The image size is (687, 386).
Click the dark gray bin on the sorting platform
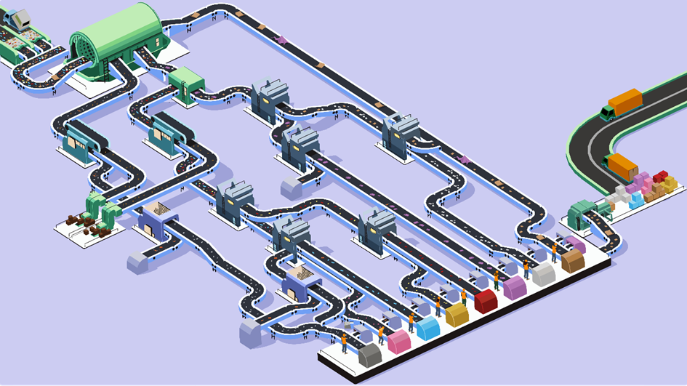point(370,355)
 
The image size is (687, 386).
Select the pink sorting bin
point(399,341)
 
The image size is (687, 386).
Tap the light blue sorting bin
point(427,328)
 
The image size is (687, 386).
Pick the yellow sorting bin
point(457,314)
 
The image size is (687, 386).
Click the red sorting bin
point(486,300)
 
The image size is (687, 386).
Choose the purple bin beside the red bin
point(515,287)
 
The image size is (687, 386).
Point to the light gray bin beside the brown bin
point(543,273)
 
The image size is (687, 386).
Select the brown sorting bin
point(573,260)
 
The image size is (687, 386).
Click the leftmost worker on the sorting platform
point(344,341)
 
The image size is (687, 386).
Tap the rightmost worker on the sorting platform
point(554,252)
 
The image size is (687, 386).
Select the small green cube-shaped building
point(185,82)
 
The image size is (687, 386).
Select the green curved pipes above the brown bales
point(102,208)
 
